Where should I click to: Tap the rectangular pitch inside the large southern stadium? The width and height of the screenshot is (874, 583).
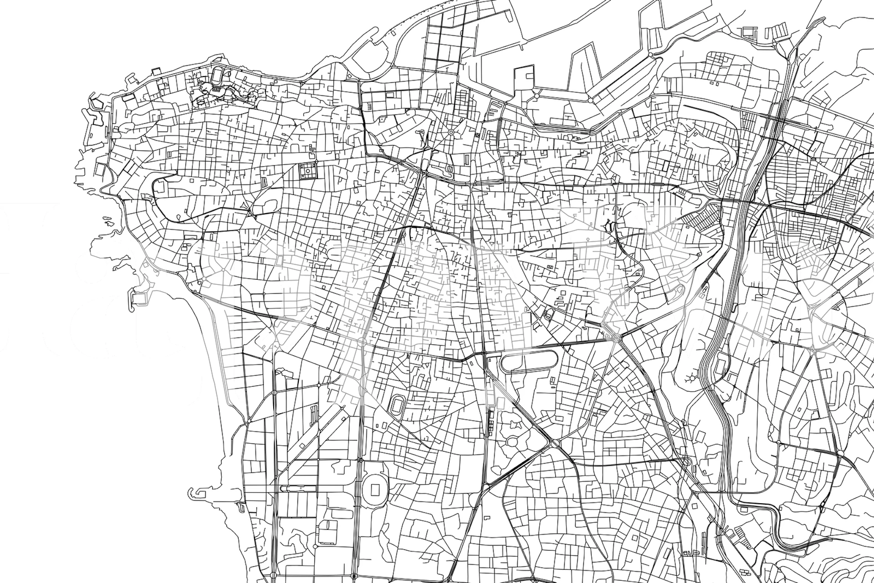377,490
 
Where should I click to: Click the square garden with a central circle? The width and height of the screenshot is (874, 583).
307,171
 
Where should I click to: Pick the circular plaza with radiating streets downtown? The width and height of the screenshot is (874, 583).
451,132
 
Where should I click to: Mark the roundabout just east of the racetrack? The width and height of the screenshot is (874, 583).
616,338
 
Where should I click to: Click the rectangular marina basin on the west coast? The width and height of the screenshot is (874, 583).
139,298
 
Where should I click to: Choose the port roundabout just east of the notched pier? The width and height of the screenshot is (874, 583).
536,96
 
